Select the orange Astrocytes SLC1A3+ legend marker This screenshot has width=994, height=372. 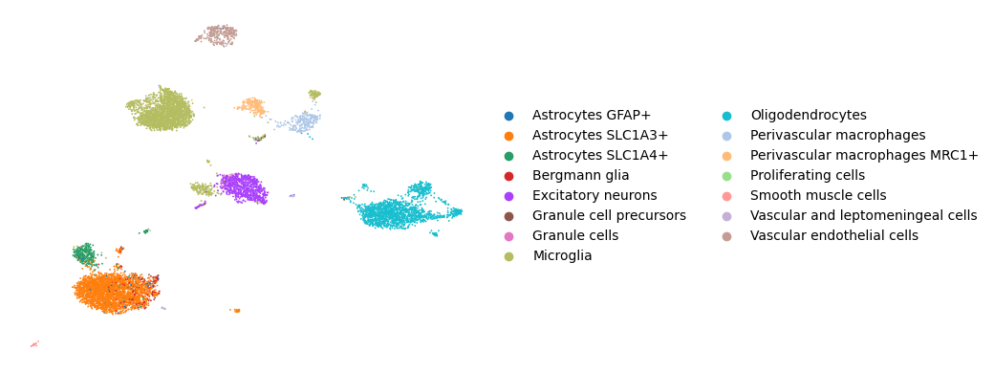[x=508, y=136]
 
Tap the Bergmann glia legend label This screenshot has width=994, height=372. [x=581, y=175]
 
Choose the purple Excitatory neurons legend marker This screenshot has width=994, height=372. [x=508, y=195]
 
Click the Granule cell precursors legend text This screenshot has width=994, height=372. [x=609, y=215]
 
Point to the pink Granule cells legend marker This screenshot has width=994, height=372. [x=508, y=235]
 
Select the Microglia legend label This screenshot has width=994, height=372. [x=562, y=255]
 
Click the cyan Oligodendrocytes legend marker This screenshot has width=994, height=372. [x=726, y=116]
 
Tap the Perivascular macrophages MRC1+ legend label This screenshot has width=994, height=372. [x=864, y=155]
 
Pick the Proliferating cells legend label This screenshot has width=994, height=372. [x=808, y=175]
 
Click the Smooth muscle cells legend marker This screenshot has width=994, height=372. [x=726, y=195]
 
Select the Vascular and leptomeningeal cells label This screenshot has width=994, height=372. [x=863, y=215]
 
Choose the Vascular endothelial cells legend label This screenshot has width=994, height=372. [x=834, y=235]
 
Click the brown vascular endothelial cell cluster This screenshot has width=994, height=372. [x=217, y=35]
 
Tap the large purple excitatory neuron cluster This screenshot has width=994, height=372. [x=243, y=187]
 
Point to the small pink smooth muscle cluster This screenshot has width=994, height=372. [x=33, y=344]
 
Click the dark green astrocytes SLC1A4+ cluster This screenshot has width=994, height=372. [x=84, y=254]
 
